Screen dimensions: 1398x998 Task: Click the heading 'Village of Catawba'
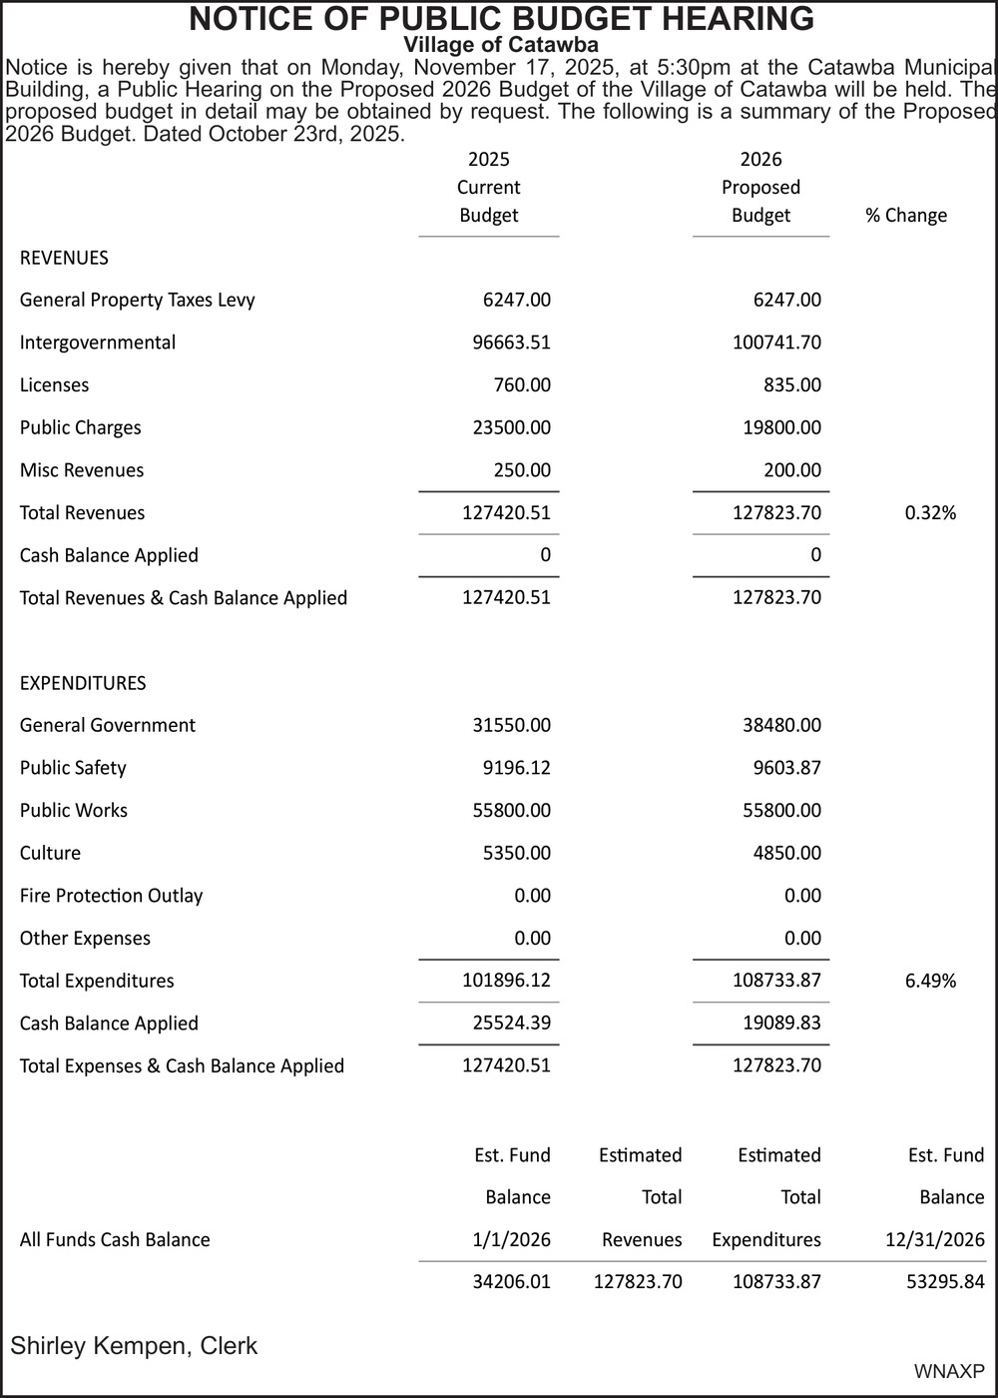(x=500, y=45)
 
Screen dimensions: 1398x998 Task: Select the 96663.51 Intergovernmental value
(x=511, y=343)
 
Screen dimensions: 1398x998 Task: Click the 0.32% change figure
(x=930, y=513)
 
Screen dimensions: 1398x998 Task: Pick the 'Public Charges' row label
(x=81, y=428)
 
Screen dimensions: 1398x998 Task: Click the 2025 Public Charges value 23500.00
(x=511, y=428)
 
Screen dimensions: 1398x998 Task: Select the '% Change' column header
(x=906, y=216)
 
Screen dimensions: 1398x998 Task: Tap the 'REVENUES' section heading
(x=64, y=258)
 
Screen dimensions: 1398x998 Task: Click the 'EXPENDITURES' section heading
(x=83, y=683)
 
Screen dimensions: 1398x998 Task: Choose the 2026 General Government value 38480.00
(x=781, y=726)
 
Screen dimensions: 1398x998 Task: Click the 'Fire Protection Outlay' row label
(x=111, y=896)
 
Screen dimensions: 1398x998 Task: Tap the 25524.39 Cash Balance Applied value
(x=511, y=1024)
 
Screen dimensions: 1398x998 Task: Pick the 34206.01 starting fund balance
(x=511, y=1281)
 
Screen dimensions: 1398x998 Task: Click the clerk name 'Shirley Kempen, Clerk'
(x=134, y=1346)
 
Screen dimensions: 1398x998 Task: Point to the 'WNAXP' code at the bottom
(x=949, y=1372)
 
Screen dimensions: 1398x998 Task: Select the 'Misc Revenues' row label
(x=82, y=470)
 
